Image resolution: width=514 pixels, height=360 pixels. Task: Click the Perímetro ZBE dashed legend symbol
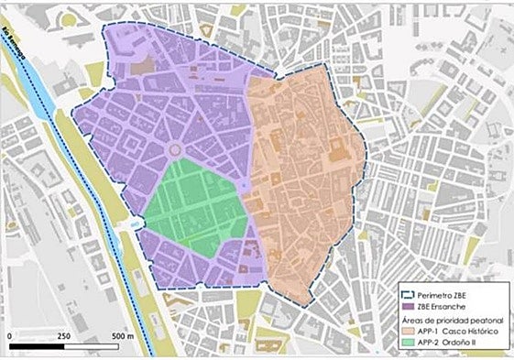[x=410, y=295]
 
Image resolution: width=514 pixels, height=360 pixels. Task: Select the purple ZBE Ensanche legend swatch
[x=410, y=307]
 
